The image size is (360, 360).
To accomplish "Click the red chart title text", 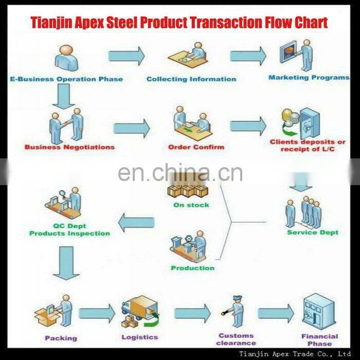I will click(179, 23).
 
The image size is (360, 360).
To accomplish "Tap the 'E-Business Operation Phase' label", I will click(67, 79).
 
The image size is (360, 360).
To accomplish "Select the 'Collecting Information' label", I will click(191, 79).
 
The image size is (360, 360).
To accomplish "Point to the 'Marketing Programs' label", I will click(309, 78).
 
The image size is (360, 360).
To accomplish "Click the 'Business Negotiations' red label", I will click(69, 147).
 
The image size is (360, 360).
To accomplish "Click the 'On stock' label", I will click(191, 205).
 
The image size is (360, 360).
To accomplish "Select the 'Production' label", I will click(193, 268).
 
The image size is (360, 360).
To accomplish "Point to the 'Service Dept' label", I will click(313, 232).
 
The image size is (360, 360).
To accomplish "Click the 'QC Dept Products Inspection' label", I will click(69, 230).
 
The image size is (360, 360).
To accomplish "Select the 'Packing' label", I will click(61, 338).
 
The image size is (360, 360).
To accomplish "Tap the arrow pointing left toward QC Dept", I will click(136, 222).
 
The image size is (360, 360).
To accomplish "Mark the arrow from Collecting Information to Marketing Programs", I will click(248, 56).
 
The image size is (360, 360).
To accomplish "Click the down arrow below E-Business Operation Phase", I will click(64, 97).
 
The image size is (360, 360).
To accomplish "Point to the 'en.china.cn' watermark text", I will click(180, 173).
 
